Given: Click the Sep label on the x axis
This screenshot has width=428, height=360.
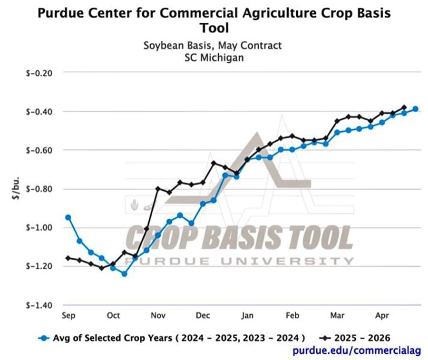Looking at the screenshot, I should click(68, 315).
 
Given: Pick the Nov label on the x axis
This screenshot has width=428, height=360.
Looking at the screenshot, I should click(158, 315).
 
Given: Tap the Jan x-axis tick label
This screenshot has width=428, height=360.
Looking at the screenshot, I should click(247, 315).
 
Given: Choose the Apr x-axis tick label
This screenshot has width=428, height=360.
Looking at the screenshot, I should click(382, 315).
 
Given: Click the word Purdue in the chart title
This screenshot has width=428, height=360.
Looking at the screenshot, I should click(63, 13).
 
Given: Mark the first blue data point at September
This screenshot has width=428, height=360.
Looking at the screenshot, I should click(68, 217).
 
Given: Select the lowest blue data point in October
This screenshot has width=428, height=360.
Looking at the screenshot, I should click(124, 273).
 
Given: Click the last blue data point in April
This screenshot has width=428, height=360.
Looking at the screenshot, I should click(415, 109).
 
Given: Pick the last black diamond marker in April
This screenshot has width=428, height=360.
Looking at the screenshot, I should click(404, 107).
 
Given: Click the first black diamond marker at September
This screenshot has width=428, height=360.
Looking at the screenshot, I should click(68, 258).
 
